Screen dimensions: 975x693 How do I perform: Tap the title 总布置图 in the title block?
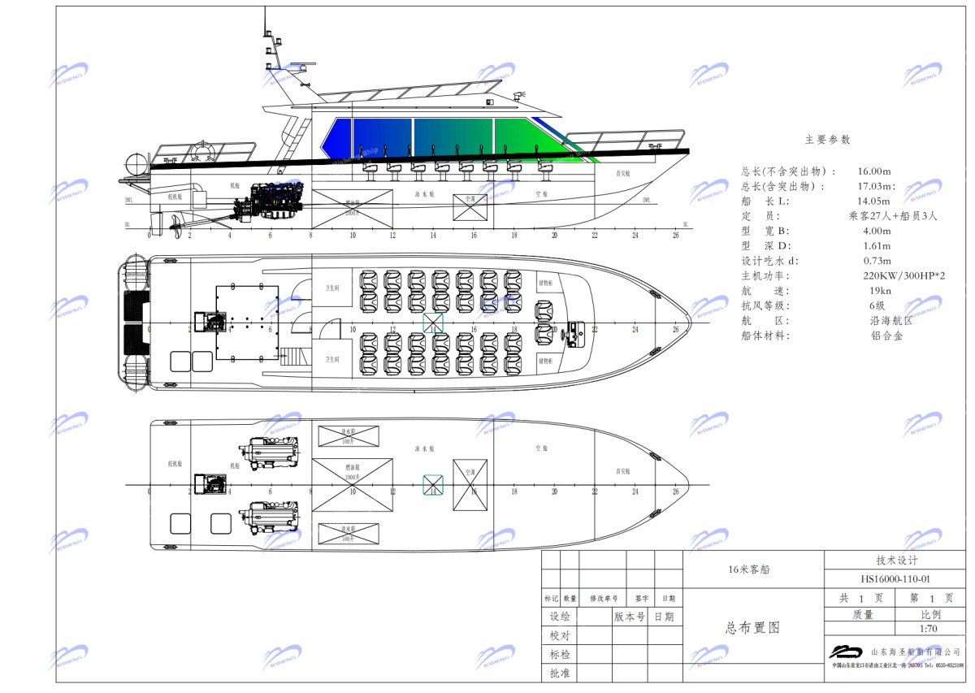click(x=752, y=628)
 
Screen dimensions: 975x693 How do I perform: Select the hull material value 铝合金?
click(x=886, y=336)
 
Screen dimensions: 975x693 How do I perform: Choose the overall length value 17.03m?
click(x=875, y=187)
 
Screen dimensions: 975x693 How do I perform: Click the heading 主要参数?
click(x=827, y=140)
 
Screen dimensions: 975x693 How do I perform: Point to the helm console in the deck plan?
click(x=575, y=332)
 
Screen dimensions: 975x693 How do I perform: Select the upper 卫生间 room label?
click(x=331, y=287)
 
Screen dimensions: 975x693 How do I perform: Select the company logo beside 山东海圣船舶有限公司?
click(x=845, y=651)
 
